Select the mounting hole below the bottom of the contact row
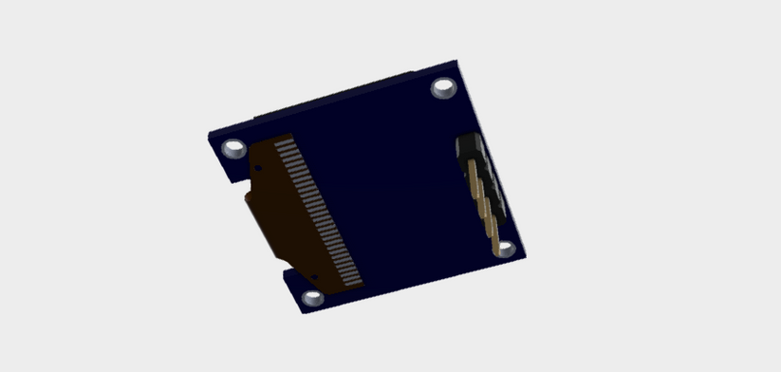click(314, 298)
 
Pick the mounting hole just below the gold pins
click(506, 249)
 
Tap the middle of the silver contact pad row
click(317, 213)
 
